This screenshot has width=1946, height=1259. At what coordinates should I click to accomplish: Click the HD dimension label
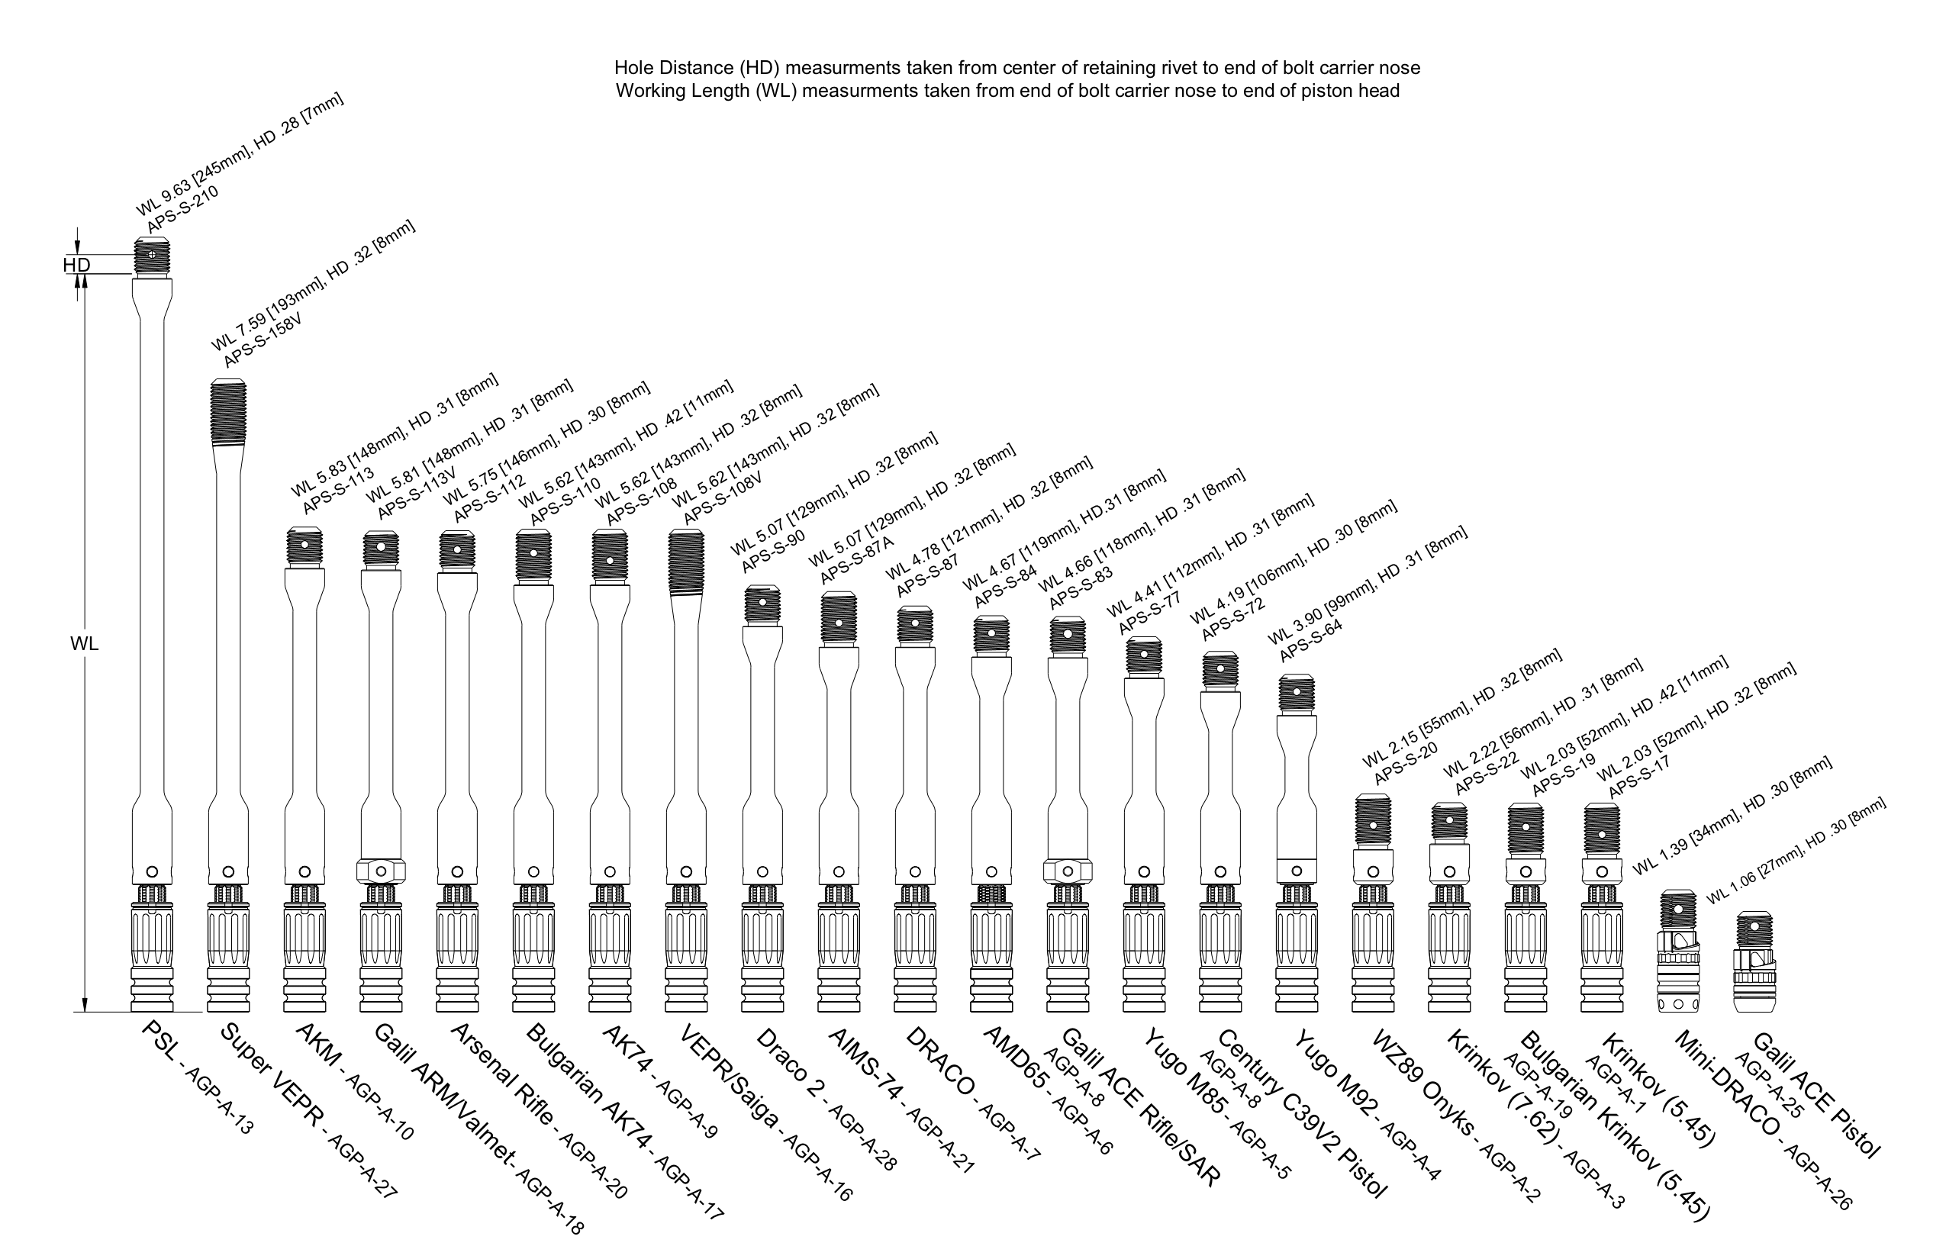tap(76, 265)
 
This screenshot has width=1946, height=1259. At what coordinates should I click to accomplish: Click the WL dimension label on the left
tap(83, 644)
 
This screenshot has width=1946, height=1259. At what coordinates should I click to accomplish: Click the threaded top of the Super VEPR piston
tap(228, 412)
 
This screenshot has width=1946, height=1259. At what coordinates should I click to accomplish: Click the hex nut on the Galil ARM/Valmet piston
tap(381, 870)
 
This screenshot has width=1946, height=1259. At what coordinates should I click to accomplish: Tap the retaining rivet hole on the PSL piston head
tap(152, 254)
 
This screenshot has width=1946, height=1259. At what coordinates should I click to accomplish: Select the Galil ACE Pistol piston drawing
tap(1754, 962)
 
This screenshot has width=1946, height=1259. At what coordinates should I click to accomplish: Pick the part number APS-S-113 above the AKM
tap(339, 491)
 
